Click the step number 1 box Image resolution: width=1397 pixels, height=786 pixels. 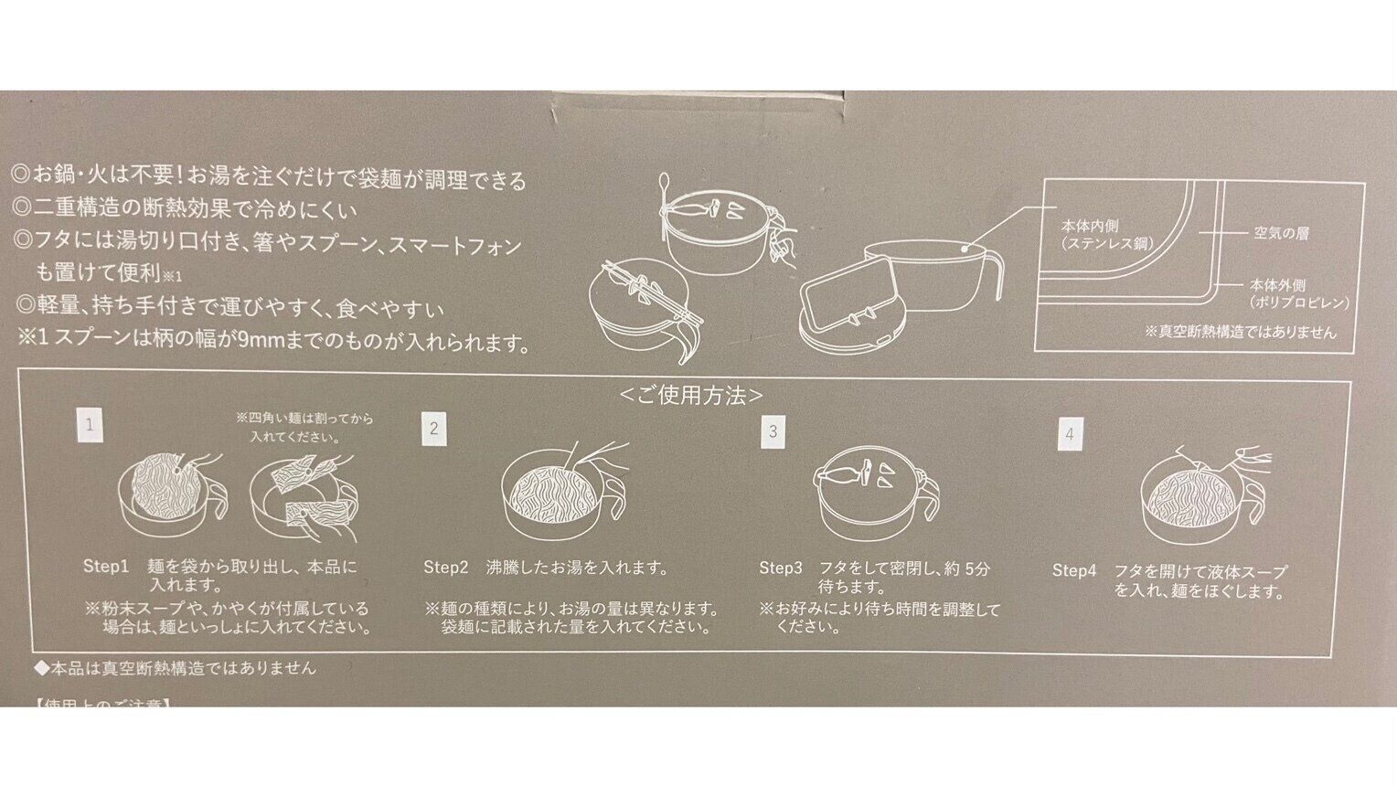(x=90, y=425)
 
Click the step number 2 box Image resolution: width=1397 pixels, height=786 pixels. (x=434, y=429)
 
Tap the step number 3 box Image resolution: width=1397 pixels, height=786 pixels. (x=773, y=431)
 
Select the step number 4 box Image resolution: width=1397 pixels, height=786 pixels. (x=1069, y=434)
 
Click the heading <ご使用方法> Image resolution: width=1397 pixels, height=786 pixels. (x=691, y=395)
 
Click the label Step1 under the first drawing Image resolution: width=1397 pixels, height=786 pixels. (x=106, y=567)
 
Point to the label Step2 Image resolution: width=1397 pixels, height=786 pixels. (x=445, y=568)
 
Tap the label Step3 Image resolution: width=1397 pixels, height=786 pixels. (x=780, y=568)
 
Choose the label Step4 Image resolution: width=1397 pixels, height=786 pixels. (x=1073, y=571)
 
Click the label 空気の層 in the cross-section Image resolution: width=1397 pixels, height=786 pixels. (x=1281, y=233)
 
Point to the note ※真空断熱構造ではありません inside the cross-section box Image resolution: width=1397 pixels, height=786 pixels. (x=1240, y=332)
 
